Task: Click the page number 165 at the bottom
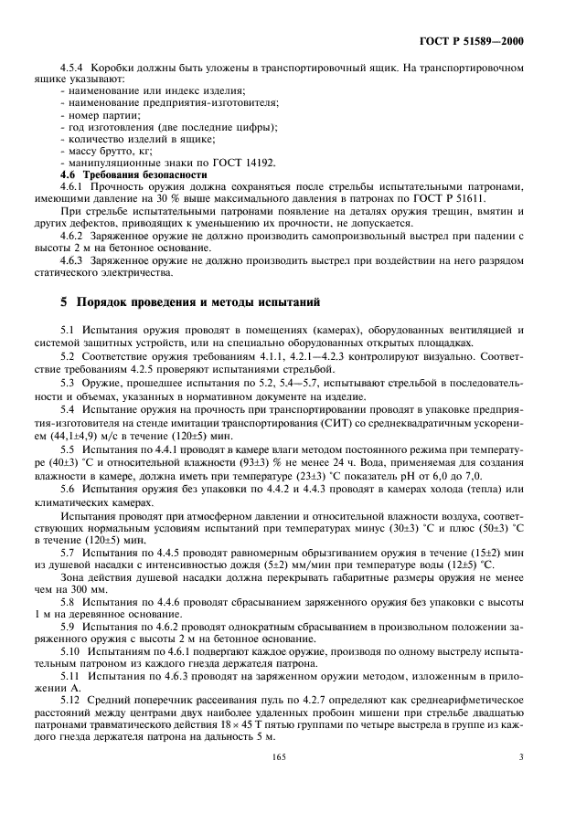[280, 755]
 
